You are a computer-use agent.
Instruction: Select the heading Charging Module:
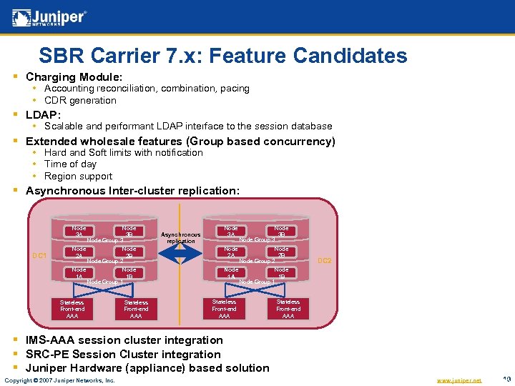tap(74, 76)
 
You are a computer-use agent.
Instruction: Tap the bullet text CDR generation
tap(80, 100)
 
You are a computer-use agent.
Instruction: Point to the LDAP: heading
tap(44, 114)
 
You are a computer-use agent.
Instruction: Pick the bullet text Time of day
tap(70, 164)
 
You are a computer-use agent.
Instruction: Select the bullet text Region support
tap(78, 176)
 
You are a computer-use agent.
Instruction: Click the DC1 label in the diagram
tap(39, 255)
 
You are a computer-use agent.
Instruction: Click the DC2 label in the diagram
tap(324, 261)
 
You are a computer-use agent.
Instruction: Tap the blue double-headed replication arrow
tap(181, 257)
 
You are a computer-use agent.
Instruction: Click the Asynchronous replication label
tap(181, 237)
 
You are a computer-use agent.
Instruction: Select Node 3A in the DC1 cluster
tap(79, 231)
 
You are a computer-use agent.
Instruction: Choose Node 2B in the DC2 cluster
tap(282, 252)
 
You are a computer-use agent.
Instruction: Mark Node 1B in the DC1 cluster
tap(129, 273)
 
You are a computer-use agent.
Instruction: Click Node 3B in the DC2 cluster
tap(282, 231)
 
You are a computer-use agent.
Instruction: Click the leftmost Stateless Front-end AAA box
tap(72, 309)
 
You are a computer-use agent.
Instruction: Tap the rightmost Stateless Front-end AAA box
tap(288, 309)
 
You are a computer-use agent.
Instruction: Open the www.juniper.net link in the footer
tap(458, 380)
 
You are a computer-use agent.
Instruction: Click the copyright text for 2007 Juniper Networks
tap(59, 380)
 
